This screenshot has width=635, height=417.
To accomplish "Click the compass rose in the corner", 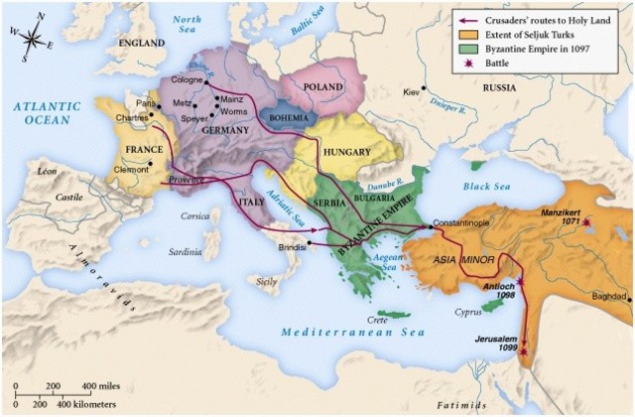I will [x=32, y=41].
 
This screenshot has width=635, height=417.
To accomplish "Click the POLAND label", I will [x=322, y=85].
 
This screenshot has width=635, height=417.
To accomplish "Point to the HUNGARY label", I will [x=346, y=152].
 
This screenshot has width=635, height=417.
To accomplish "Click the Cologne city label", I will [x=186, y=79].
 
